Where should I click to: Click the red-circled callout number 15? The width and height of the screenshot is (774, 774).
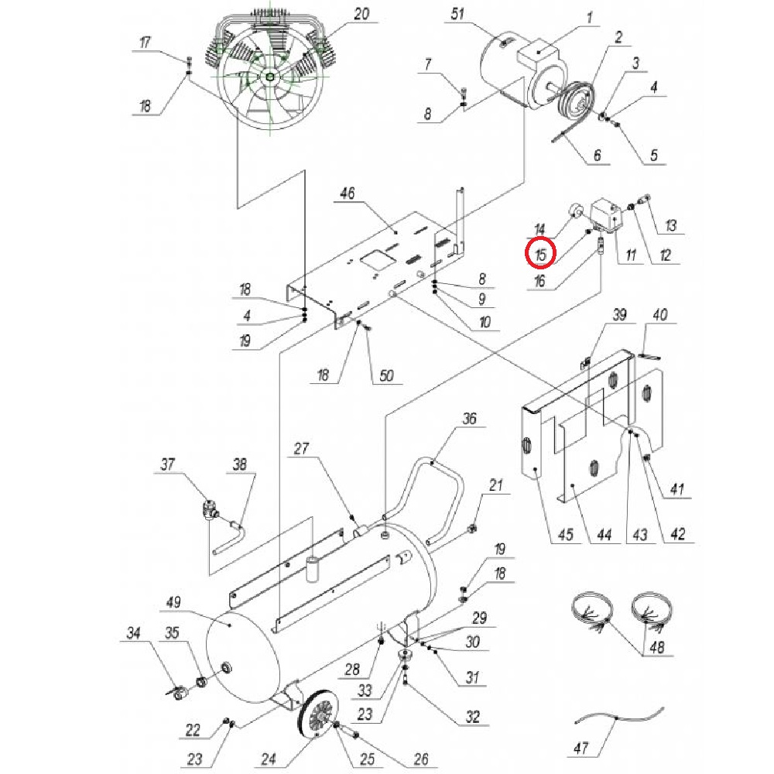click(x=540, y=253)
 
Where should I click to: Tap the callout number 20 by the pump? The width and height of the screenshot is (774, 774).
click(x=361, y=15)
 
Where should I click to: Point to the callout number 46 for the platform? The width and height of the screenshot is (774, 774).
click(x=346, y=193)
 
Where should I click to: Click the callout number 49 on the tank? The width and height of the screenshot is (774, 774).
click(x=173, y=603)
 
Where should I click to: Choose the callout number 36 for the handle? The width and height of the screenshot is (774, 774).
click(x=470, y=420)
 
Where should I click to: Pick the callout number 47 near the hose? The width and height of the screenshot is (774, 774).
click(x=582, y=748)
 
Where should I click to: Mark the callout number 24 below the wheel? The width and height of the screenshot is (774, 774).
click(x=268, y=759)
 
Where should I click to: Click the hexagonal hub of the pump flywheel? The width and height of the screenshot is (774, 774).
click(x=268, y=76)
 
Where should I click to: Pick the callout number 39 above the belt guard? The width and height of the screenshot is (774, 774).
click(x=618, y=316)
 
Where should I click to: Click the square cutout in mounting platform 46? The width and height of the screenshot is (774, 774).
click(x=380, y=260)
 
